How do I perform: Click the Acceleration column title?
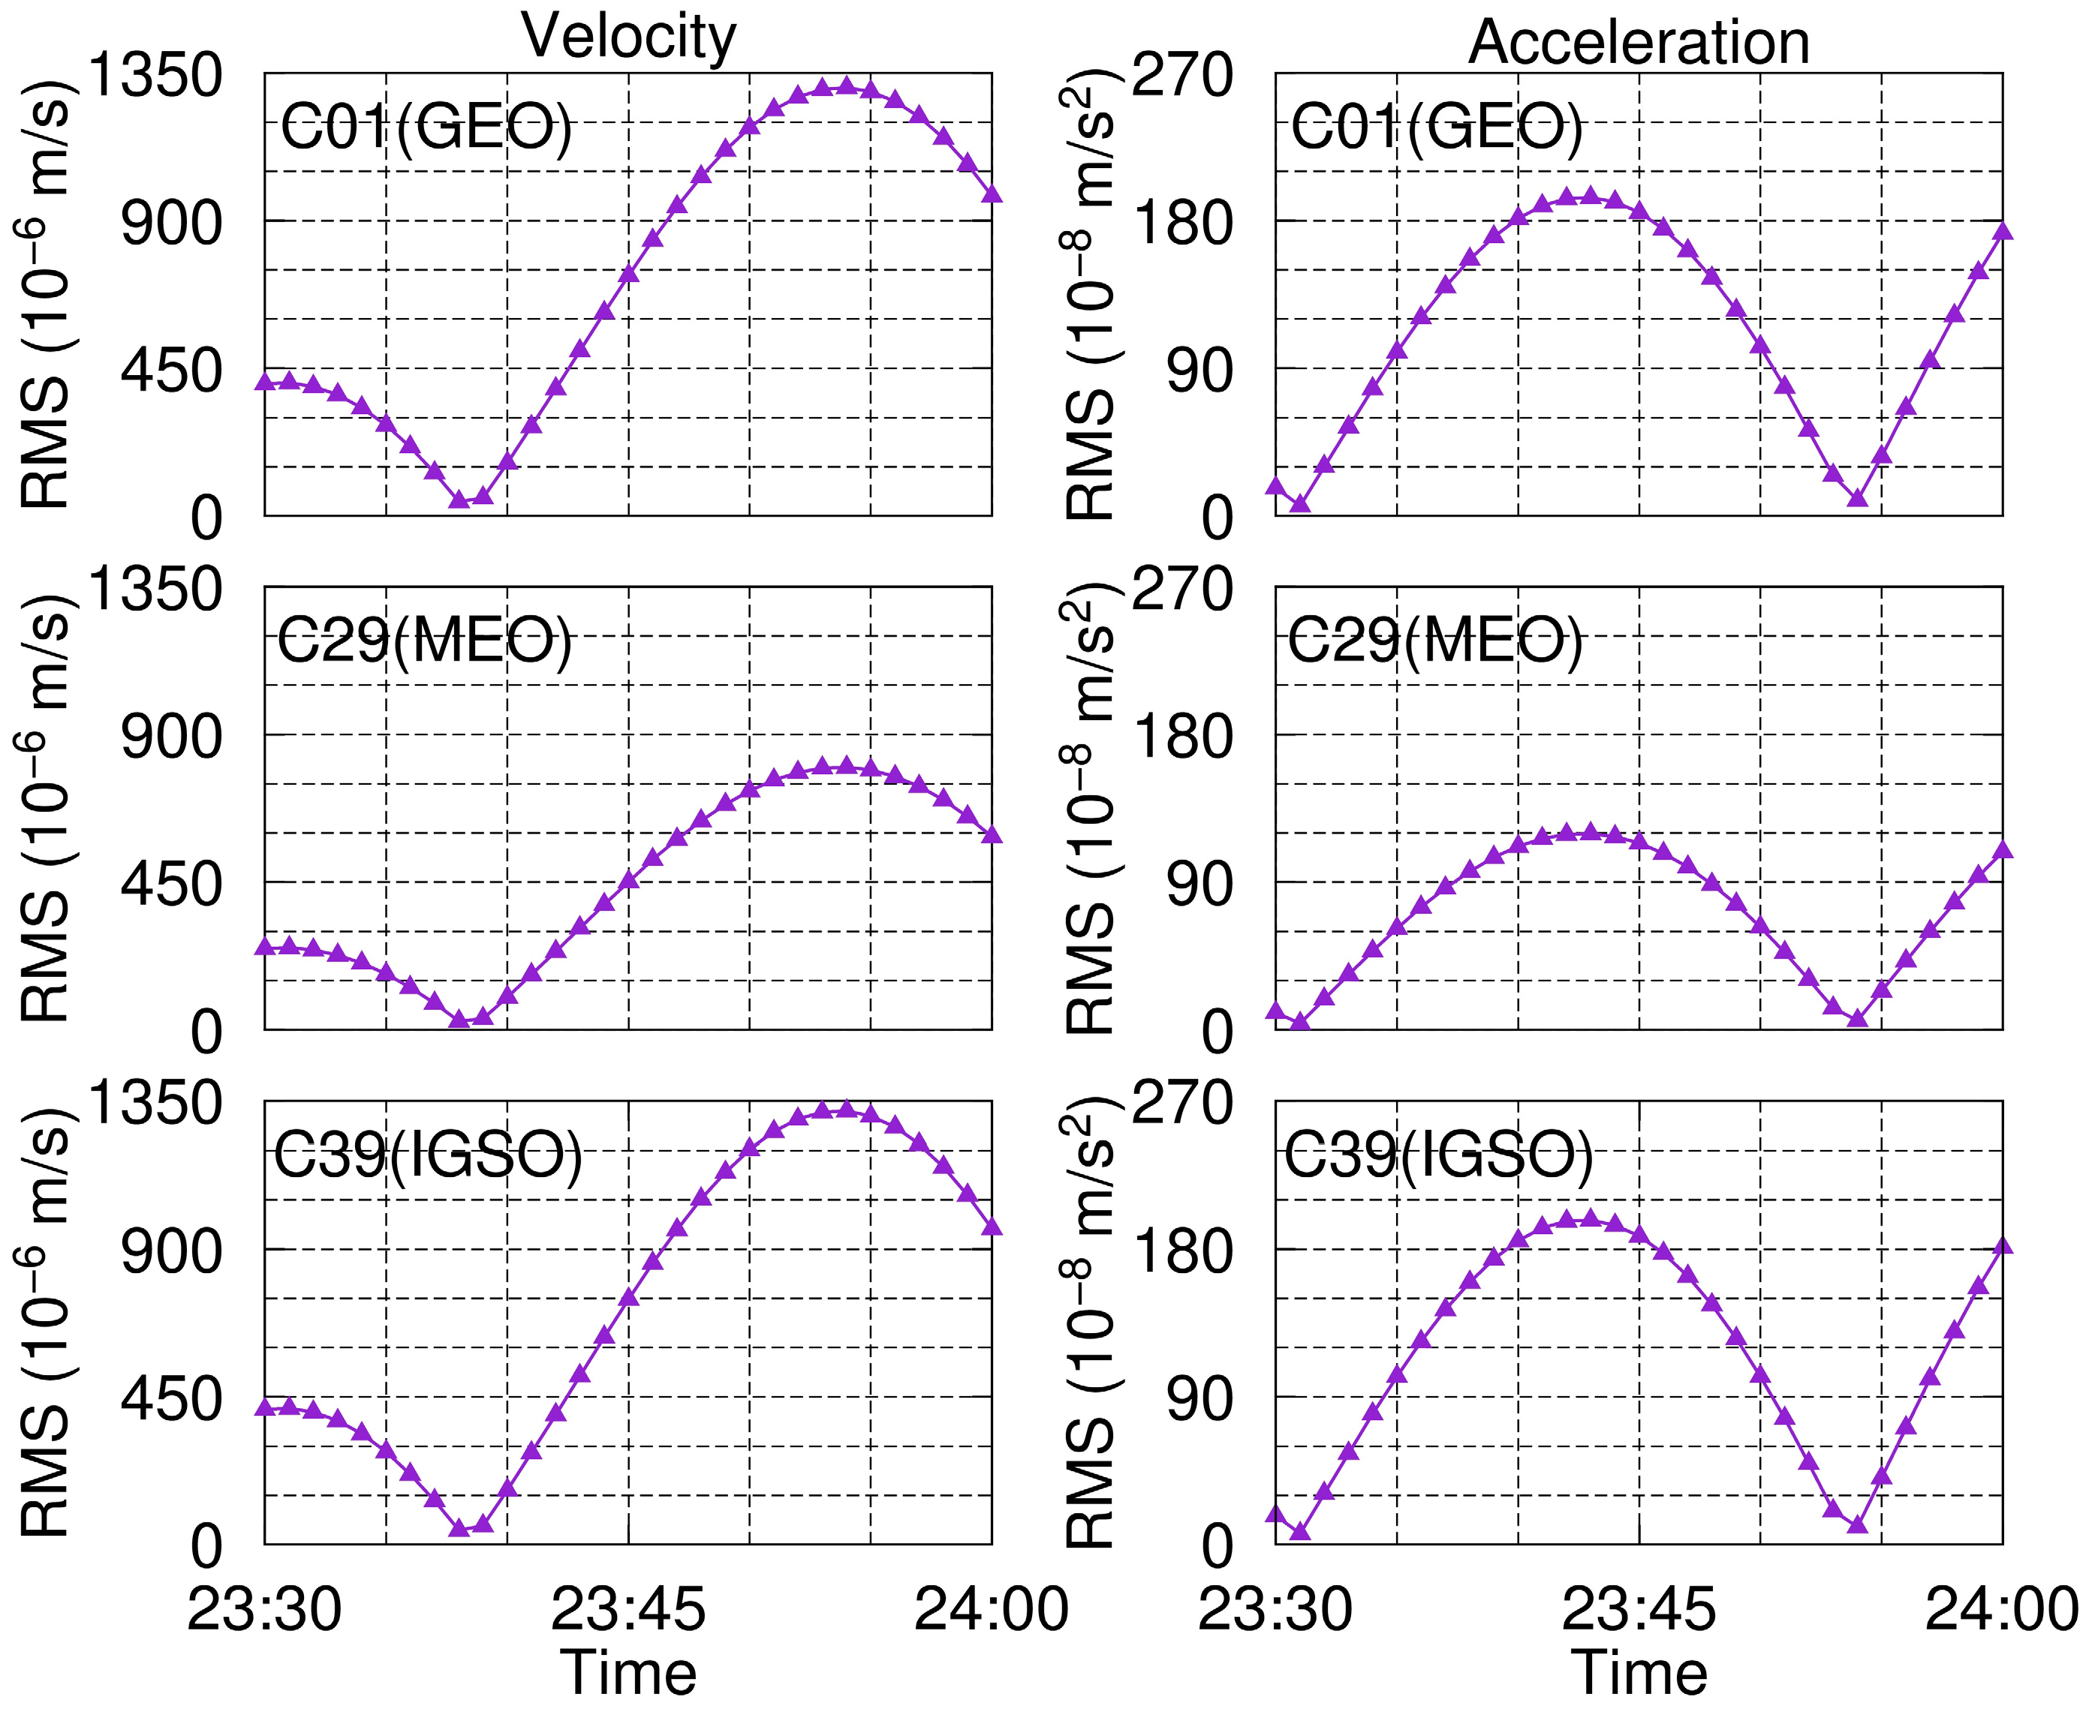pos(1639,43)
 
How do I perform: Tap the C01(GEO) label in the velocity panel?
pos(426,127)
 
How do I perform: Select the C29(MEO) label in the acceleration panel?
pos(1435,641)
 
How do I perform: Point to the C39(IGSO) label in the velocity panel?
pos(428,1154)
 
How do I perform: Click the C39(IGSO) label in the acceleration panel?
pos(1438,1154)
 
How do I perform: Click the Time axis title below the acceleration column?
pos(1639,1674)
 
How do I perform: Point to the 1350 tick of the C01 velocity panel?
pos(156,75)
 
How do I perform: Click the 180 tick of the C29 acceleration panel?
pos(1182,737)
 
